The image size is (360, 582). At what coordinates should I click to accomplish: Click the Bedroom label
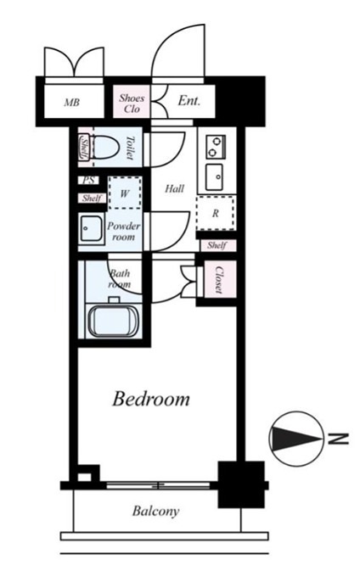(151, 399)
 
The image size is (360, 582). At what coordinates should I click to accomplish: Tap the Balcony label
(155, 511)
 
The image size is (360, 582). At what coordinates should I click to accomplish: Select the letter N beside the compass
(339, 439)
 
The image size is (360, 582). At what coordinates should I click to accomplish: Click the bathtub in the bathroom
(113, 321)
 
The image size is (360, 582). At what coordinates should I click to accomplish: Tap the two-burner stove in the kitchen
(216, 147)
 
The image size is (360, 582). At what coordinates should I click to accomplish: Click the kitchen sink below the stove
(215, 177)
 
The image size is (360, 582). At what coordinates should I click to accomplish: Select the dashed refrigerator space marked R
(216, 213)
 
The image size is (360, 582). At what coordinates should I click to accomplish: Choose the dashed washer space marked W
(125, 193)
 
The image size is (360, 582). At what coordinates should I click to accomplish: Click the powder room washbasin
(91, 229)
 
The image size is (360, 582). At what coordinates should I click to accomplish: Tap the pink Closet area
(220, 279)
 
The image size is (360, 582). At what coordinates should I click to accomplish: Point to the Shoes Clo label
(132, 104)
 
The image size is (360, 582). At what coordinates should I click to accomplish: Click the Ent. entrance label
(188, 101)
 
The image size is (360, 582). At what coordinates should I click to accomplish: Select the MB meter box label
(71, 103)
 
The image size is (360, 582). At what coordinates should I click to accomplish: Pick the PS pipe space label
(89, 181)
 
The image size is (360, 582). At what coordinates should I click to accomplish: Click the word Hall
(175, 188)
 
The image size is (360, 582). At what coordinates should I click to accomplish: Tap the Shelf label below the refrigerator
(217, 245)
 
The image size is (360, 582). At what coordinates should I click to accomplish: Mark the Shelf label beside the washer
(92, 199)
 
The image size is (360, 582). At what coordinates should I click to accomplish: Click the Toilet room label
(130, 148)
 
